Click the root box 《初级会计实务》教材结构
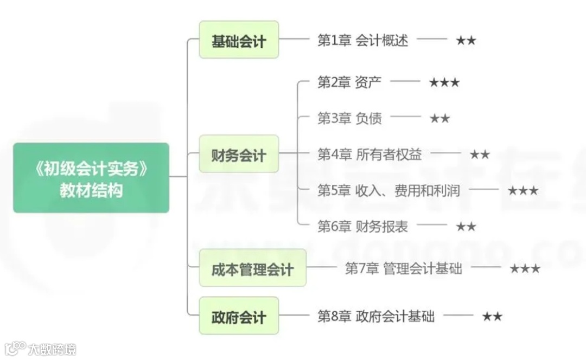tap(91, 177)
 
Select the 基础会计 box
tap(239, 40)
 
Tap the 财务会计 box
tap(239, 155)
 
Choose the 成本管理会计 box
tap(252, 268)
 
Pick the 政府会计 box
tap(239, 316)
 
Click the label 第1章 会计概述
tap(362, 41)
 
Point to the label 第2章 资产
tap(349, 82)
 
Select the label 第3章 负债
tap(349, 118)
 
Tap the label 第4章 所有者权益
tap(370, 155)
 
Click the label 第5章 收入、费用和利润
tap(389, 190)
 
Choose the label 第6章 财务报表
tap(362, 227)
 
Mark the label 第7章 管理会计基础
tap(404, 268)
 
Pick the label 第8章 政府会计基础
tap(376, 316)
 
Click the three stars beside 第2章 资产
tap(444, 82)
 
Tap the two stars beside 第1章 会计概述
tap(466, 41)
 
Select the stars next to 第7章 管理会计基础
tap(525, 268)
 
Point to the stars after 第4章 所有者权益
tap(480, 155)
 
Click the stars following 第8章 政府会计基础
tap(492, 316)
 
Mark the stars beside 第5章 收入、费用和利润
tap(523, 191)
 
